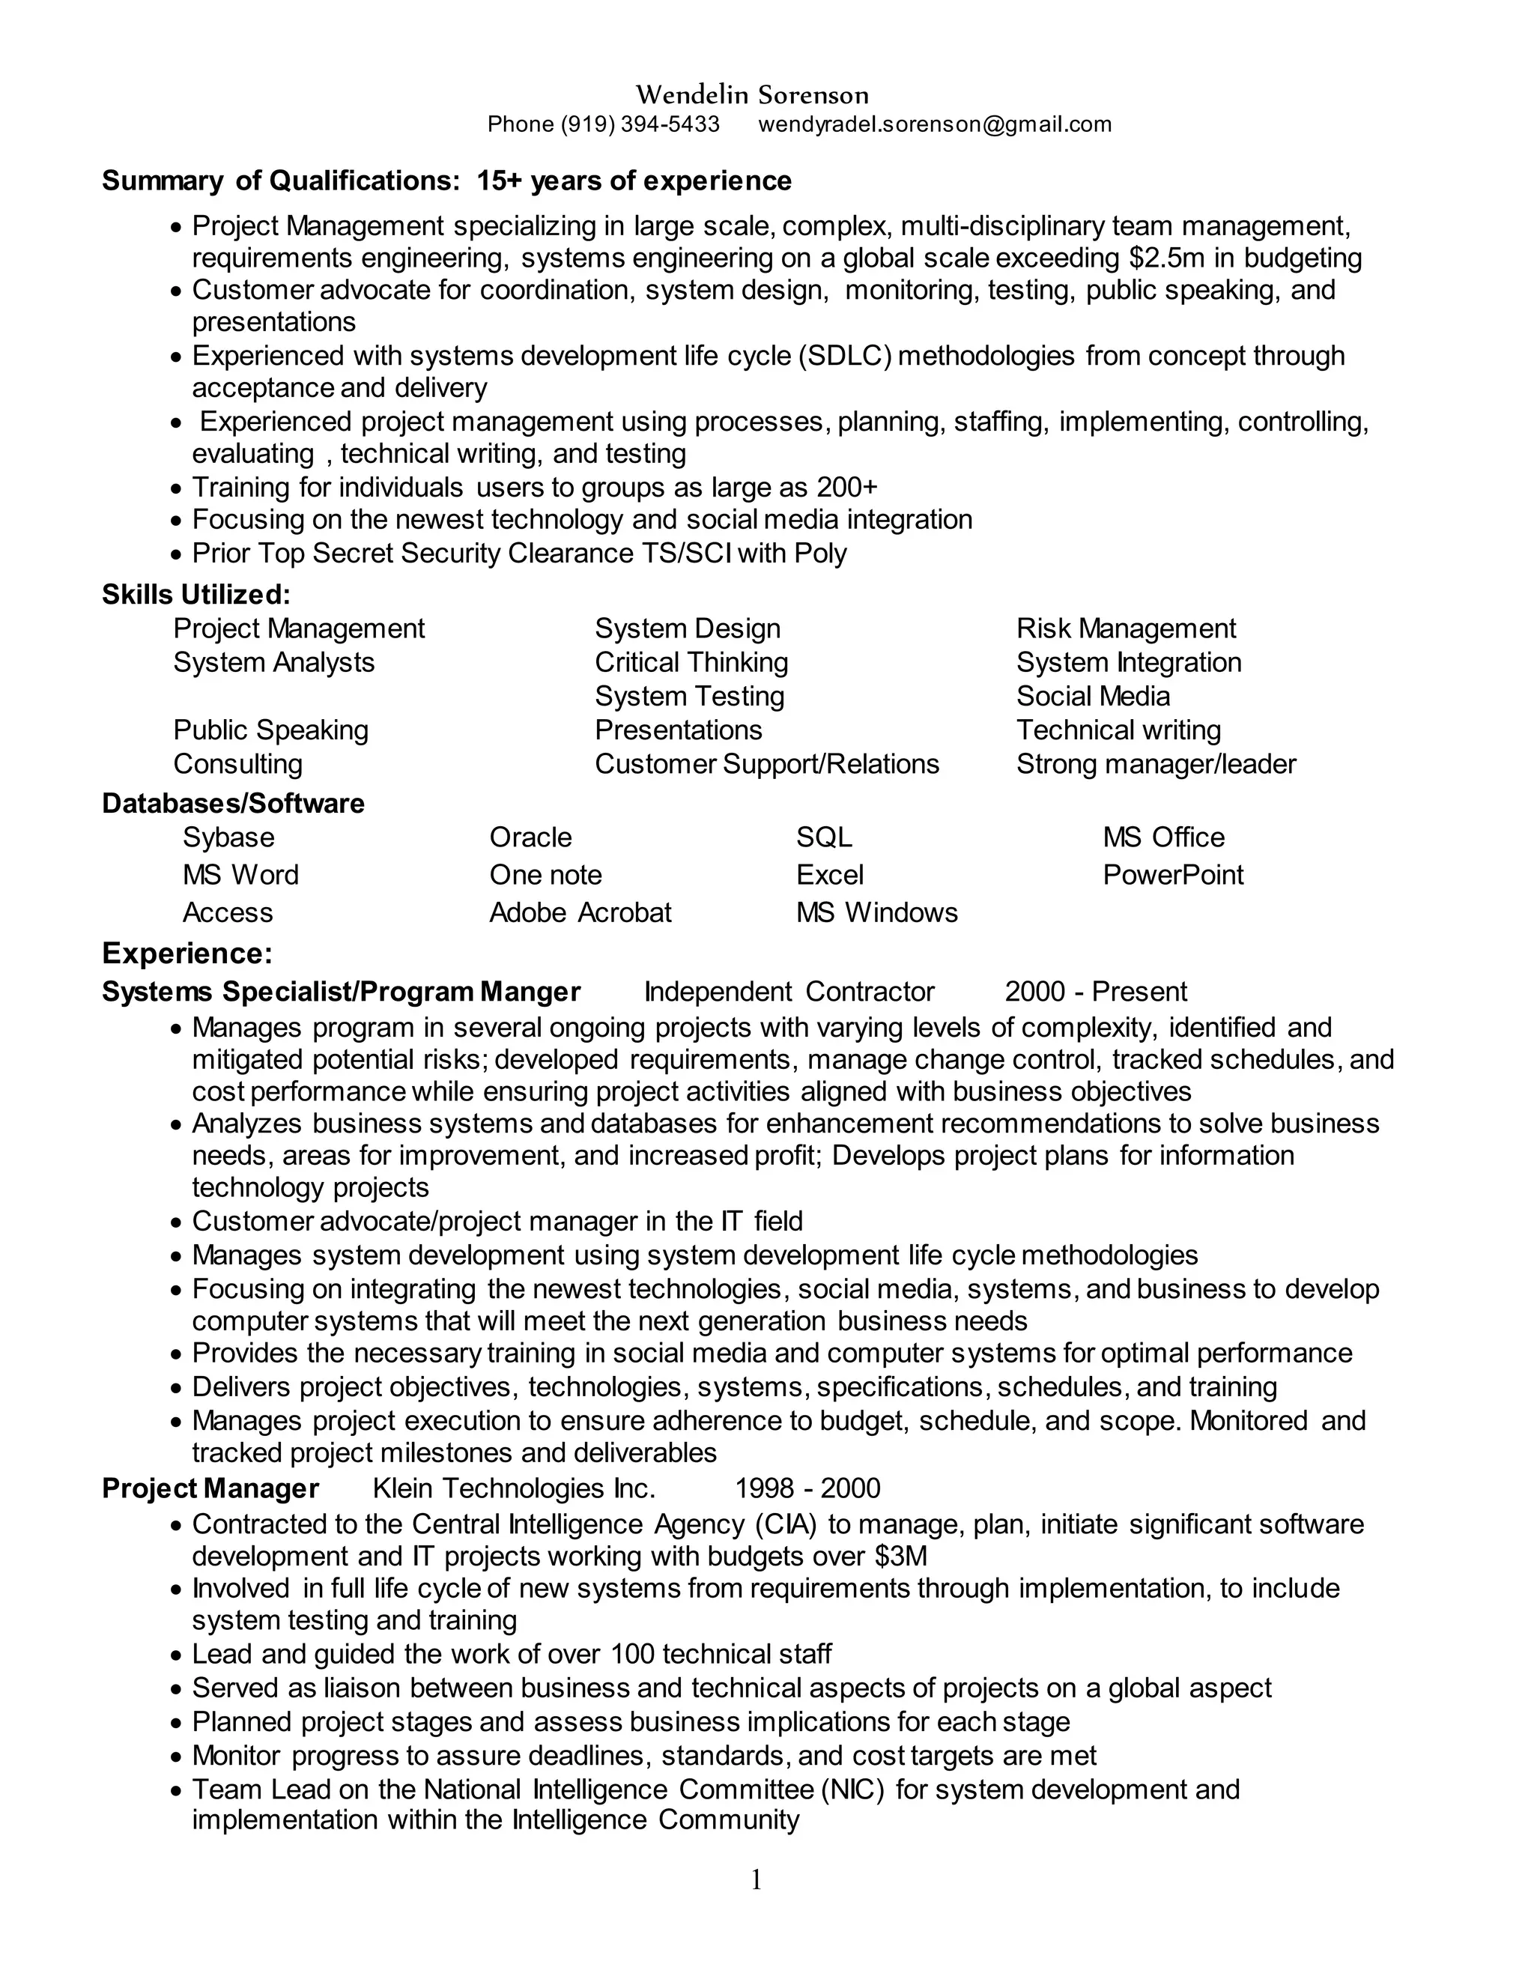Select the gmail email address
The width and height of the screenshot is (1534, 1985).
934,124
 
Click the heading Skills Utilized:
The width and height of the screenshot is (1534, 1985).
195,595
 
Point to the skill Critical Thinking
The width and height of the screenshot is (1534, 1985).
691,663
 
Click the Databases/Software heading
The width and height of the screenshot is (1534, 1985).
233,804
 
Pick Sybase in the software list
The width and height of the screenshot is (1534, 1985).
228,837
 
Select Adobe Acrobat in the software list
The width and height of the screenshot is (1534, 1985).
580,912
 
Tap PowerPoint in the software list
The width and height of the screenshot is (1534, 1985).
1172,874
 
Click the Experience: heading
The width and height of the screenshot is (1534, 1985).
187,954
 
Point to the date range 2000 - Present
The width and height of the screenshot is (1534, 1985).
1095,992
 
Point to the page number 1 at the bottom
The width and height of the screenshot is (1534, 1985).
756,1879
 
